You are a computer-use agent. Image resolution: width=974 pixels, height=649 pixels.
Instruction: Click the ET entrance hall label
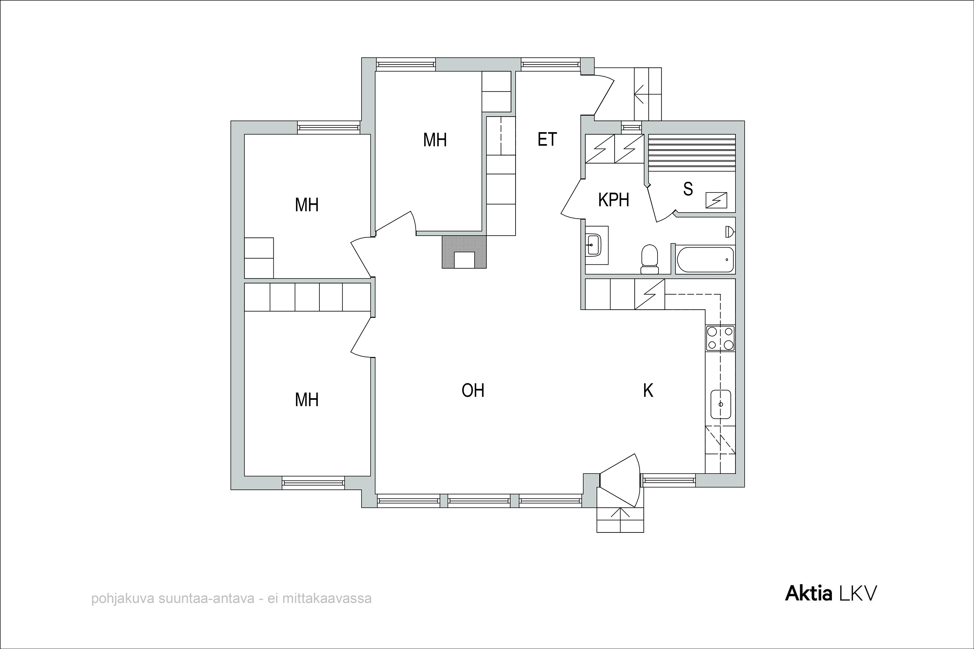coord(547,140)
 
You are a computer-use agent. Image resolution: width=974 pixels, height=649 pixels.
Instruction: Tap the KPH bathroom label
coord(614,200)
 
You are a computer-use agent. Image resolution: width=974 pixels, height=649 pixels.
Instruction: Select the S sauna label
coord(688,189)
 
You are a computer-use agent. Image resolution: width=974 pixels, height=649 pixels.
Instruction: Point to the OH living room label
coord(473,390)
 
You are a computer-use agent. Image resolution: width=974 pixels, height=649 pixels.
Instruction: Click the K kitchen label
coord(648,390)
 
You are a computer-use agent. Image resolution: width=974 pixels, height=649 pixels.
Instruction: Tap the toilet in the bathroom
coord(649,259)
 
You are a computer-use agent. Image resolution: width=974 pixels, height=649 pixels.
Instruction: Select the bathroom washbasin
coord(593,245)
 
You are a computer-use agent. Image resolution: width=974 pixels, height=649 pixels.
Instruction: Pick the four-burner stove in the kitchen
coord(720,338)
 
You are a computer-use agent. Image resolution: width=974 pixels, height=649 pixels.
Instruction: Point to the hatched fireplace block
coord(464,252)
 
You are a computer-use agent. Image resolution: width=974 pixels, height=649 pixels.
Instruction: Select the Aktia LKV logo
coord(831,594)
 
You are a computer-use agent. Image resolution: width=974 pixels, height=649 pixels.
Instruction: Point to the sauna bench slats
coord(692,152)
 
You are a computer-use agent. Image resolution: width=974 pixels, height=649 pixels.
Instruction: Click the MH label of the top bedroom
coord(435,140)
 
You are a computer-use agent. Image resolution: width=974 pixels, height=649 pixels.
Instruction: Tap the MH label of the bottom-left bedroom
coord(306,400)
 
